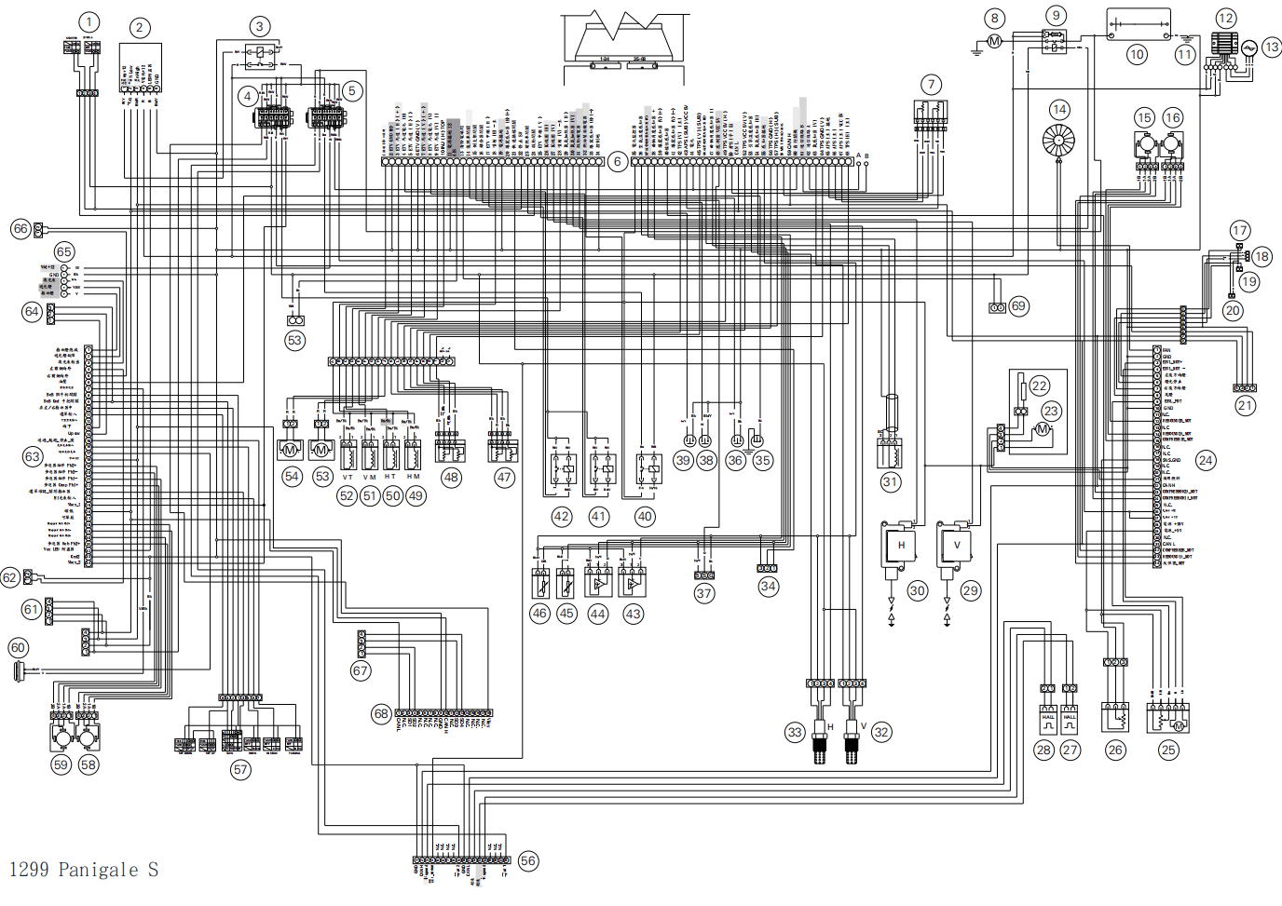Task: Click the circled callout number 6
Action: (x=617, y=162)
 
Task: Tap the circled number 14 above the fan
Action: (x=1059, y=110)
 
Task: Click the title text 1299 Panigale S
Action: (x=84, y=870)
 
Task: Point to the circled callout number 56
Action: (x=528, y=861)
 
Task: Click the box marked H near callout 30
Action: (x=901, y=546)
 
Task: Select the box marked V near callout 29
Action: (x=956, y=546)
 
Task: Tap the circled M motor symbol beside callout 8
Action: (x=994, y=41)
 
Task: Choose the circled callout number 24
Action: (x=1206, y=460)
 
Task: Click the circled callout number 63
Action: (x=33, y=456)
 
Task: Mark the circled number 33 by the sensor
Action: (x=795, y=733)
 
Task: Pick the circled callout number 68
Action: (x=381, y=714)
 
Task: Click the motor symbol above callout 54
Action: (x=290, y=451)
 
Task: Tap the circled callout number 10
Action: (x=1137, y=55)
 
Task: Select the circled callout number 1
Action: (x=89, y=21)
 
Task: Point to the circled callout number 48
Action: (x=451, y=478)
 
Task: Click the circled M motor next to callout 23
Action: (x=1043, y=429)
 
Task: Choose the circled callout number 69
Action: (x=1018, y=305)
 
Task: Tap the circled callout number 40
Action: (x=645, y=517)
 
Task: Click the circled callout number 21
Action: (x=1246, y=406)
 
